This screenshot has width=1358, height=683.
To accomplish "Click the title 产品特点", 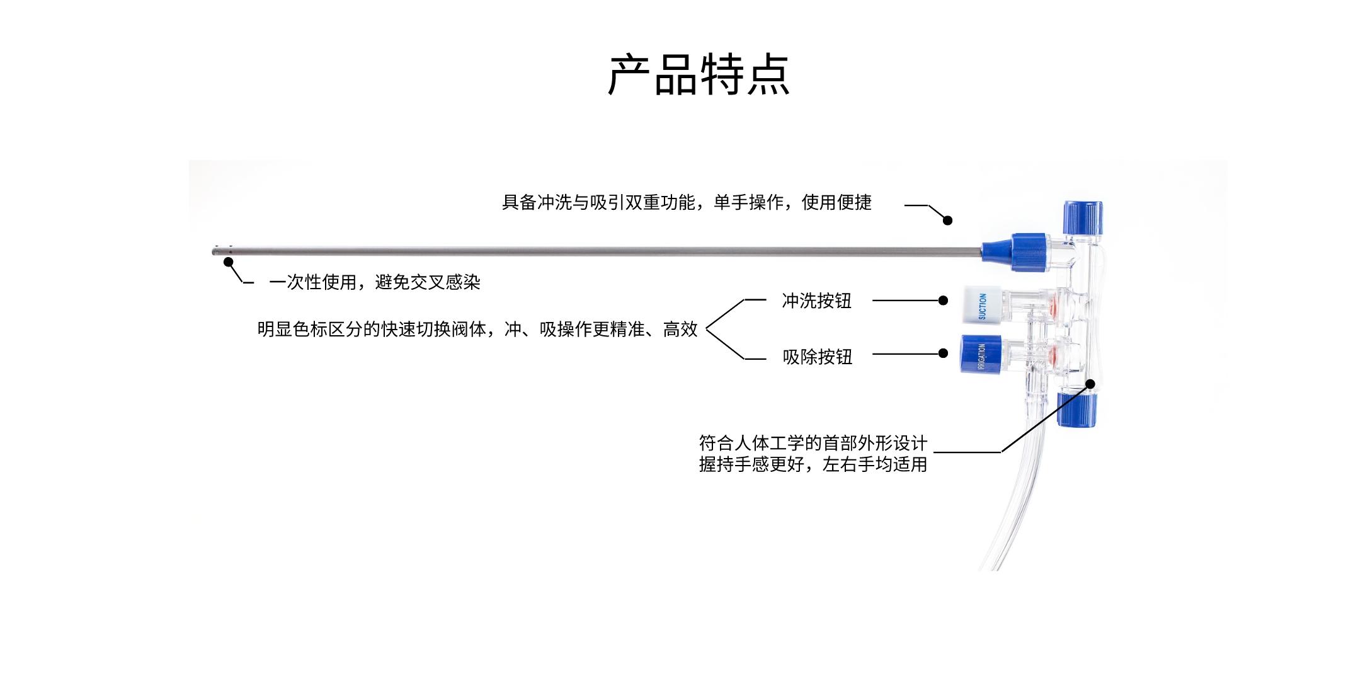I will (698, 75).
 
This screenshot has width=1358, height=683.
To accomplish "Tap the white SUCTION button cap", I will (979, 306).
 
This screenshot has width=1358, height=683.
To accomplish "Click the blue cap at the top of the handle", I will (1083, 217).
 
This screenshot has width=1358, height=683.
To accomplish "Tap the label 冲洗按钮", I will (816, 301).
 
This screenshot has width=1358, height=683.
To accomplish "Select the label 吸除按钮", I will (817, 357).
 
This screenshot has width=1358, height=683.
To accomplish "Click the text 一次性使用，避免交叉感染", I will (374, 282).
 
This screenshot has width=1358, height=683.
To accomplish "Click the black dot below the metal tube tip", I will (229, 262).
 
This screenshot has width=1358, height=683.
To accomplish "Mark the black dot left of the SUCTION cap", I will (943, 301).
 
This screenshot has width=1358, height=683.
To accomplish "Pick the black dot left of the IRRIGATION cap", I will (943, 353).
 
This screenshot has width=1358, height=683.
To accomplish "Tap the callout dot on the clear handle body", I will (1090, 383).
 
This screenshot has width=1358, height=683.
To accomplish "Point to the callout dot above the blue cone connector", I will (947, 220).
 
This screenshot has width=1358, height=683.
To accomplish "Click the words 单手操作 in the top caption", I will (748, 202).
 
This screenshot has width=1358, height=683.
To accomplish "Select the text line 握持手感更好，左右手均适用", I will (813, 465).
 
